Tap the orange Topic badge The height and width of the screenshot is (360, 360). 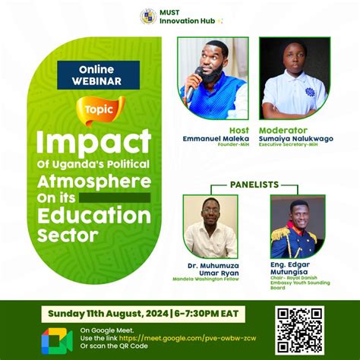pos(100,109)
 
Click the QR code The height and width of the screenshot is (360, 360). pos(300,330)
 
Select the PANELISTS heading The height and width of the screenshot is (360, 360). pos(254,184)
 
